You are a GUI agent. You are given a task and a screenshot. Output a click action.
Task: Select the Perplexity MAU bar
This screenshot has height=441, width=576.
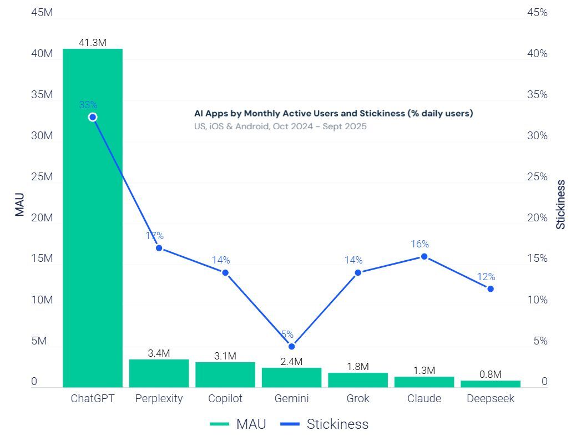(x=159, y=373)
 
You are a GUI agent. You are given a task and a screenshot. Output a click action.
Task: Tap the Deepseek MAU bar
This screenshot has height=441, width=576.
(x=491, y=384)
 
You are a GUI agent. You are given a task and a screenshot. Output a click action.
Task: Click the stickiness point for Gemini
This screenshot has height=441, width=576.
(x=291, y=347)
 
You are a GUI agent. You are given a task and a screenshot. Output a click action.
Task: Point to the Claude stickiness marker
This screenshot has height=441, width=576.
(x=424, y=256)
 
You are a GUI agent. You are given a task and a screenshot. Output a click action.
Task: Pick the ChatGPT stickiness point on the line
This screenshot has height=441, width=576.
(x=93, y=117)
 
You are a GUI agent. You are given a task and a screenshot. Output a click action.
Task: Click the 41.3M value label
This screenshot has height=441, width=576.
(x=92, y=42)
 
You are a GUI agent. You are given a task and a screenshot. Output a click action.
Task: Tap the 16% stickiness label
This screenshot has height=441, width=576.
(x=420, y=244)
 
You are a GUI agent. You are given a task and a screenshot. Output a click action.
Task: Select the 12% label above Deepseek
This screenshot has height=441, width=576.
(x=486, y=277)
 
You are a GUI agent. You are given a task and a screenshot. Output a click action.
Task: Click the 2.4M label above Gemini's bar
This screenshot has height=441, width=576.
(x=291, y=362)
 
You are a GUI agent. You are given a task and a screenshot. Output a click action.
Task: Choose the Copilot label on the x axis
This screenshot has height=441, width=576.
(x=225, y=399)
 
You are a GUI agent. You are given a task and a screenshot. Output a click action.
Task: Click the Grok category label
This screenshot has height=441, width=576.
(x=358, y=399)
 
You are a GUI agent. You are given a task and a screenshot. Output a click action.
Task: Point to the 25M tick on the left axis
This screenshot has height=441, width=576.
(x=42, y=177)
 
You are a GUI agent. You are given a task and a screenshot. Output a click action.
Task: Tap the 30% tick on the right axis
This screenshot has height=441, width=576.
(x=537, y=136)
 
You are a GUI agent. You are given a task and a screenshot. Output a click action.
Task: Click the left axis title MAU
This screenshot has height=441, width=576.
(x=20, y=204)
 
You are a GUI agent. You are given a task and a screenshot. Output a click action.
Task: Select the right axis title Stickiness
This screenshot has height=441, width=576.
(x=560, y=204)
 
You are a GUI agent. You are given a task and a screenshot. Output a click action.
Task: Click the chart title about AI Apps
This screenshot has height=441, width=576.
(x=333, y=113)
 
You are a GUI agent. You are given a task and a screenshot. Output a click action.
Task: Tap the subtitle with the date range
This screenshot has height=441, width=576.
(x=280, y=126)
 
